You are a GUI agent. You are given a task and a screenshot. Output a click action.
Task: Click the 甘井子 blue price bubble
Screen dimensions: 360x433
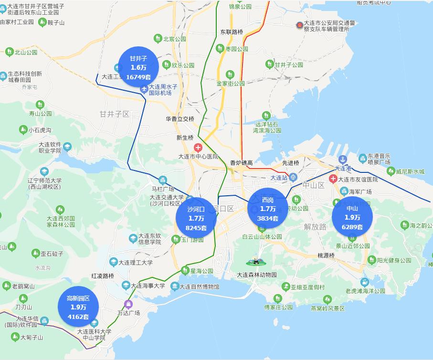[x=138, y=67]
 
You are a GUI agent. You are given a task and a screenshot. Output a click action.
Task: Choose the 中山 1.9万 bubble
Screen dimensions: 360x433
[x=352, y=217]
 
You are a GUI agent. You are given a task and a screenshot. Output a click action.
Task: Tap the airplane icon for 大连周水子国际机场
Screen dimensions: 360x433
[x=144, y=89]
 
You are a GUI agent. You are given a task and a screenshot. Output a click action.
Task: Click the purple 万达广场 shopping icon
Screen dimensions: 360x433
[x=127, y=304]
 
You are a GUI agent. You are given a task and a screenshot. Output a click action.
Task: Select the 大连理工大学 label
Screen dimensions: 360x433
[x=136, y=262]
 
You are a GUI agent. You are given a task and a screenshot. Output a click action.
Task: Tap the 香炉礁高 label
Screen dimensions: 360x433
[x=241, y=163]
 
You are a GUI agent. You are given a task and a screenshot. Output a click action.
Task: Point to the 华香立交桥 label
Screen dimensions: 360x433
[x=180, y=119]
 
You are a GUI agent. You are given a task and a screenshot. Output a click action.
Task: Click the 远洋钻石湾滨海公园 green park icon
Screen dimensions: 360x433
[x=266, y=115]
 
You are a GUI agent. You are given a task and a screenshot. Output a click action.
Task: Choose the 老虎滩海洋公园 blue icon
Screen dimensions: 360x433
[x=365, y=282]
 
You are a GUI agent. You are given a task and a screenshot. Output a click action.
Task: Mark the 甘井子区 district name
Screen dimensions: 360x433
[x=115, y=114]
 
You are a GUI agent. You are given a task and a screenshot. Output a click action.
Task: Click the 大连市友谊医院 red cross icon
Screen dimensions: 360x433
[x=333, y=179]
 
